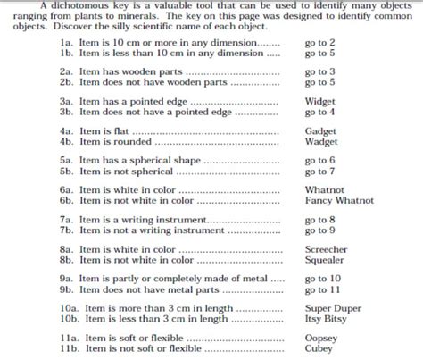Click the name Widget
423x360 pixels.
pyautogui.click(x=319, y=102)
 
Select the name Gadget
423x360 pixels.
pyautogui.click(x=320, y=131)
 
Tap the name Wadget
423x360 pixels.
pyautogui.click(x=320, y=141)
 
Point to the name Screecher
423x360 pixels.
pyautogui.click(x=326, y=249)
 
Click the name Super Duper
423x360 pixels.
pyautogui.click(x=331, y=308)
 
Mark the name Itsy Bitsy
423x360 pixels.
pyautogui.click(x=326, y=319)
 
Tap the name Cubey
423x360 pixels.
pyautogui.click(x=319, y=348)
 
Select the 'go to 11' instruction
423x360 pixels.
pyautogui.click(x=323, y=289)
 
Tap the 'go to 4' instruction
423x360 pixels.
pyautogui.click(x=320, y=112)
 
